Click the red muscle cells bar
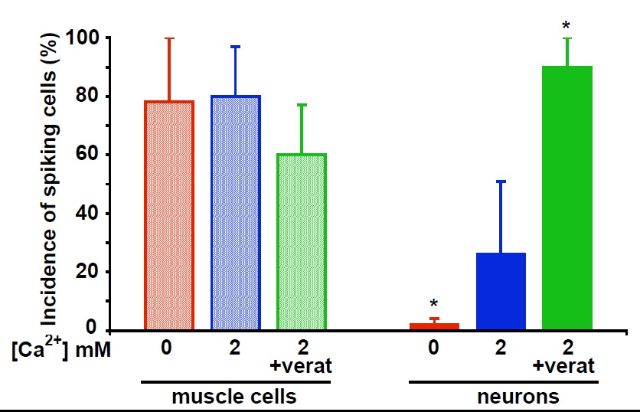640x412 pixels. click(x=169, y=215)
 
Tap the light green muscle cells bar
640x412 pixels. click(x=302, y=242)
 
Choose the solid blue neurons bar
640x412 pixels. click(x=501, y=291)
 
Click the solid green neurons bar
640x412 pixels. click(x=567, y=198)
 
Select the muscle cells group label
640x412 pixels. click(x=233, y=397)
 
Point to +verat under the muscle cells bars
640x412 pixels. click(x=302, y=365)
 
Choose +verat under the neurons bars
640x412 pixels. click(x=567, y=365)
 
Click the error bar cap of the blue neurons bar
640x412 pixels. click(x=501, y=181)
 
